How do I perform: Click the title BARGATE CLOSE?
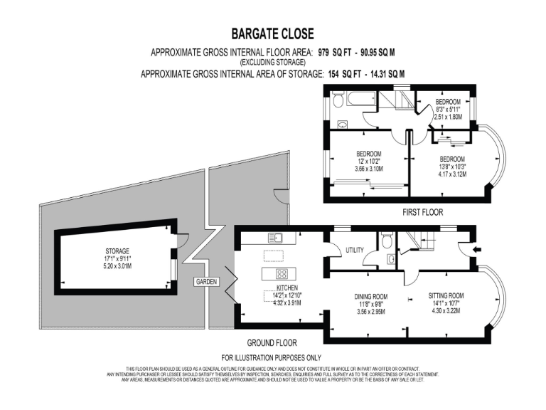(x=272, y=33)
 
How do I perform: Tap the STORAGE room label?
(x=117, y=251)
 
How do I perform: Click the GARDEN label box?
(x=206, y=283)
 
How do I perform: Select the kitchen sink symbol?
(x=276, y=237)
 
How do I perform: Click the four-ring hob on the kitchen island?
(x=281, y=273)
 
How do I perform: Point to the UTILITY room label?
(x=354, y=251)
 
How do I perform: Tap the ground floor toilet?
(x=386, y=241)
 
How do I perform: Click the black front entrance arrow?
(x=476, y=248)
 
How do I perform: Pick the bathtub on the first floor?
(x=356, y=99)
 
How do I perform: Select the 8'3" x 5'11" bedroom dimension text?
(x=449, y=110)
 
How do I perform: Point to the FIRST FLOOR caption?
(x=422, y=212)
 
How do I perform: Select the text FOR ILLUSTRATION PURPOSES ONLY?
(x=272, y=357)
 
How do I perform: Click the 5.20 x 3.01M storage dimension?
(x=117, y=266)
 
